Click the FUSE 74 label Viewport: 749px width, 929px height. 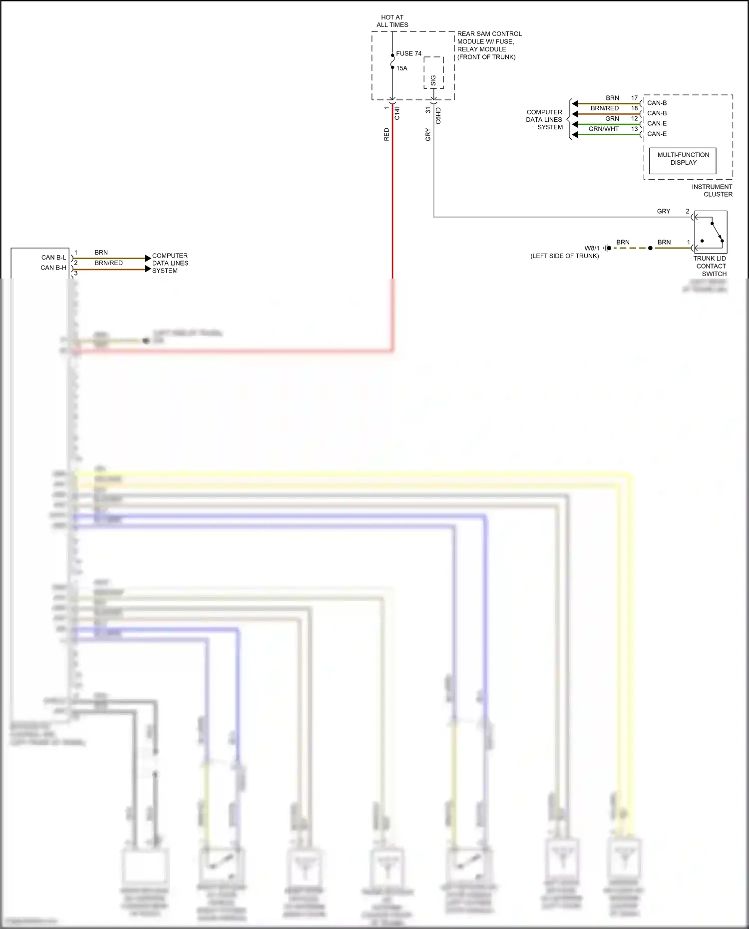click(408, 53)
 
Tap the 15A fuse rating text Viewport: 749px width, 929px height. click(401, 68)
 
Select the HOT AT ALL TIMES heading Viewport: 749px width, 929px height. click(392, 21)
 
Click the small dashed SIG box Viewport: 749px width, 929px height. click(433, 73)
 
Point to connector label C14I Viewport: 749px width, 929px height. click(397, 113)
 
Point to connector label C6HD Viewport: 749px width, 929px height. click(438, 115)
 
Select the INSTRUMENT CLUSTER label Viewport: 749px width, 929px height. click(712, 190)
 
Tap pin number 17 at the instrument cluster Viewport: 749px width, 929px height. click(634, 98)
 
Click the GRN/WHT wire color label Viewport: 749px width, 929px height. click(603, 129)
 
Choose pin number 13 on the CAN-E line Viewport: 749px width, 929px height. click(634, 129)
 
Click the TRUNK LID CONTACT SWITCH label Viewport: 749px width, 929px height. click(710, 266)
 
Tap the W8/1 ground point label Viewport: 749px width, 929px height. click(592, 248)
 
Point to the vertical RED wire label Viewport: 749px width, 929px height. click(386, 134)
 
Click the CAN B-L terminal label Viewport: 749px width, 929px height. click(53, 258)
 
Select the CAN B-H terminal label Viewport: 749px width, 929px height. click(53, 268)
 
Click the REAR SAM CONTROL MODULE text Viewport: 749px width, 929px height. click(489, 45)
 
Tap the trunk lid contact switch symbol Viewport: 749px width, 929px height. click(710, 232)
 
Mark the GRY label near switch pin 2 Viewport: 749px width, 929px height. click(663, 211)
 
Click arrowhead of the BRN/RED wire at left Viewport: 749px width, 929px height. click(148, 269)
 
